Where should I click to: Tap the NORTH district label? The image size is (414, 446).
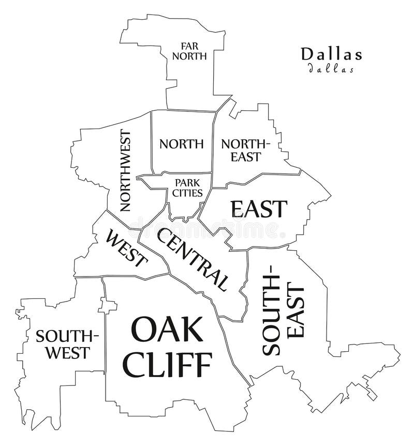(181, 143)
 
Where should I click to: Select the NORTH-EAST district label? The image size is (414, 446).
(246, 150)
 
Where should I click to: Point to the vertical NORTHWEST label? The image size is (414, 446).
(125, 170)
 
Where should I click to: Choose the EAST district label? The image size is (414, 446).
(259, 208)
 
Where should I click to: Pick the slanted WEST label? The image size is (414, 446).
(126, 249)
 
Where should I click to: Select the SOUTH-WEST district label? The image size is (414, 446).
(67, 344)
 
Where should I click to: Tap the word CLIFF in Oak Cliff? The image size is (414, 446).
(169, 365)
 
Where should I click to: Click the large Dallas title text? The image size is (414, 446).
(331, 53)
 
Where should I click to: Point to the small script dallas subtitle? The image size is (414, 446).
(331, 68)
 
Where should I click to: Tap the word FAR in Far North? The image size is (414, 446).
(189, 46)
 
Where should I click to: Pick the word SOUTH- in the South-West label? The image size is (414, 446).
(67, 336)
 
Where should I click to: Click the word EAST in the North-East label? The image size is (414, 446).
(246, 156)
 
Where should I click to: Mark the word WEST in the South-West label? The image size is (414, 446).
(68, 353)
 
